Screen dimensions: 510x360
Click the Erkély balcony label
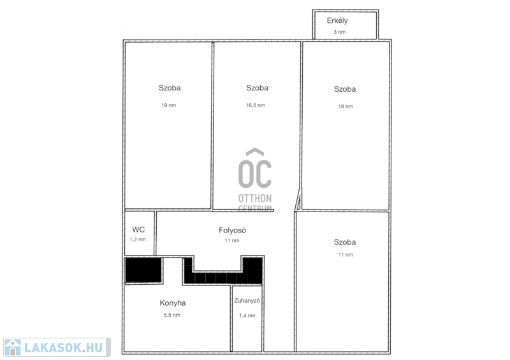(x=337, y=21)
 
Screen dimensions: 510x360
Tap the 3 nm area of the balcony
(x=340, y=32)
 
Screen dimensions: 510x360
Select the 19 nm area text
(x=169, y=105)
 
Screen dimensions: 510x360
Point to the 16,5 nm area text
(x=256, y=105)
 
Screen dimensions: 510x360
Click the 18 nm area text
(x=346, y=106)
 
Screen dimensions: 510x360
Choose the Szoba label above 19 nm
(x=170, y=88)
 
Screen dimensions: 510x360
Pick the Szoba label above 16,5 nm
(x=258, y=88)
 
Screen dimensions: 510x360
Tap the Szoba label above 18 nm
(x=345, y=89)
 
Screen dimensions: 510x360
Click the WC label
(x=138, y=229)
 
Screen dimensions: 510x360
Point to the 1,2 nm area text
(x=138, y=240)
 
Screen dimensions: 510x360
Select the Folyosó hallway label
(x=232, y=230)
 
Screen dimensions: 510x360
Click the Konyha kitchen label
(x=173, y=303)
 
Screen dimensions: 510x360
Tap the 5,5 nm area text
(x=172, y=315)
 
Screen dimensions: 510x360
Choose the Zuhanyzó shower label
(x=247, y=301)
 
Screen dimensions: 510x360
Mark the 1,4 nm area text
(x=247, y=315)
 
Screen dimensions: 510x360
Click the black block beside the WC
(x=143, y=270)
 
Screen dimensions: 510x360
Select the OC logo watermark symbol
(x=255, y=168)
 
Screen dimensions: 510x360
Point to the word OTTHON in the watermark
(x=255, y=198)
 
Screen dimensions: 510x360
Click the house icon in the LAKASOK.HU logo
(x=13, y=347)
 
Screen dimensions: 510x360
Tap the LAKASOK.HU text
(x=63, y=348)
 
